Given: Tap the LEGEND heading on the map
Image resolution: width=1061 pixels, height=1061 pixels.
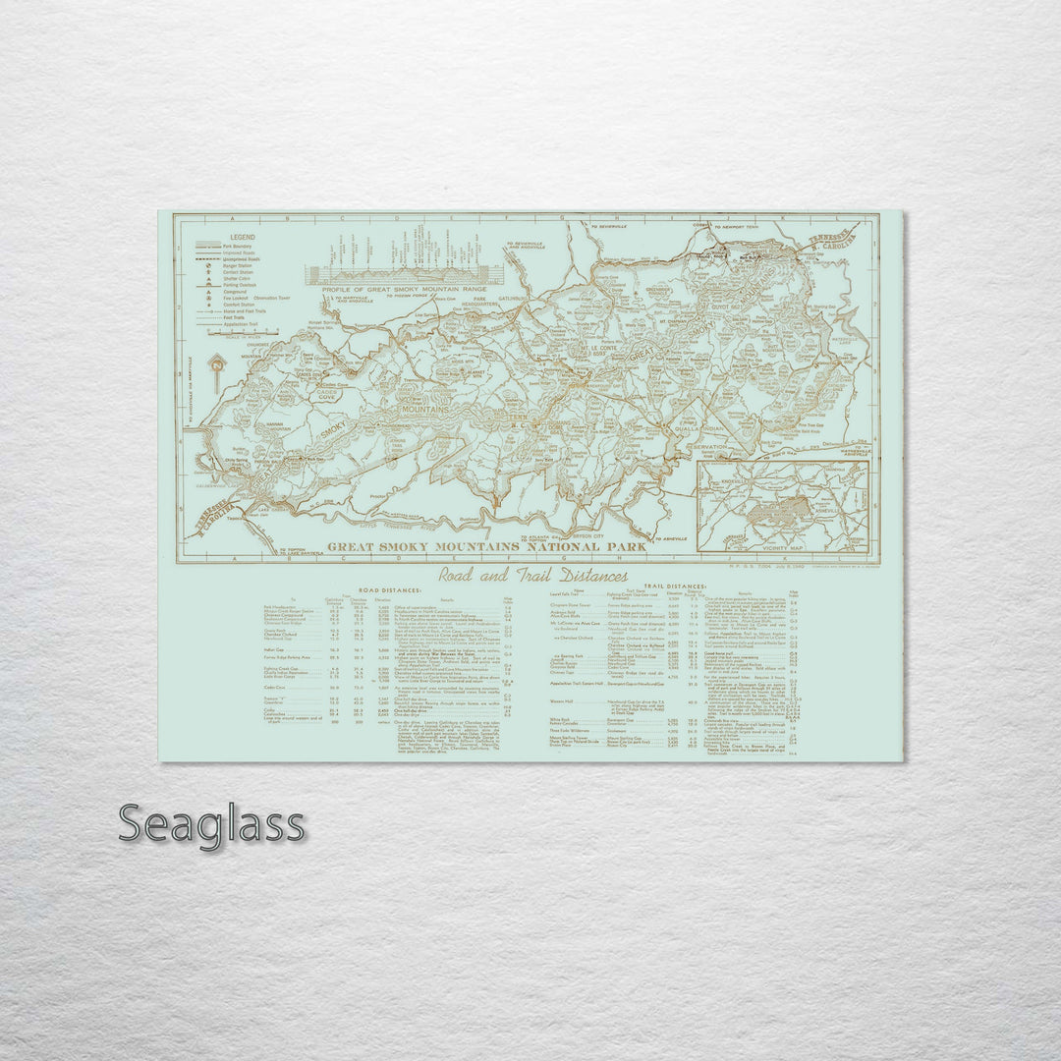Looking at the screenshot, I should click(244, 238).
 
